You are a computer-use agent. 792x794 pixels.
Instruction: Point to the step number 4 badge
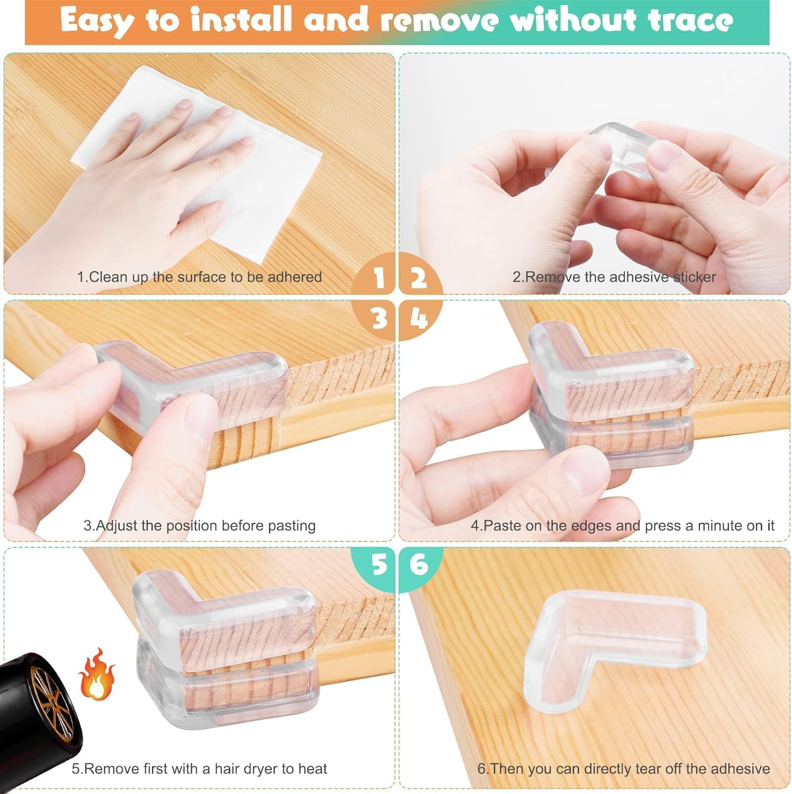[x=418, y=319]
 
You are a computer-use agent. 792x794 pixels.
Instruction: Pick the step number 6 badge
[x=419, y=564]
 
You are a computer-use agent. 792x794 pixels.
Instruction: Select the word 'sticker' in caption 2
[x=694, y=277]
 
